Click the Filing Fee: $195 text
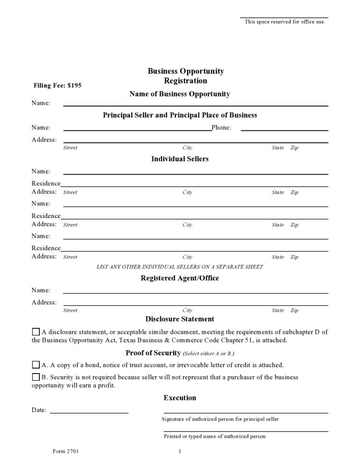click(57, 85)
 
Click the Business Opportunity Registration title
click(185, 76)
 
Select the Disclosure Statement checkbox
click(36, 331)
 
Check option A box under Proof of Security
click(36, 365)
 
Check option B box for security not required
click(36, 377)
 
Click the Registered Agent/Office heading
click(180, 278)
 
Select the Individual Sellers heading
click(180, 159)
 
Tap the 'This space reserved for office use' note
click(285, 21)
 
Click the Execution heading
click(180, 398)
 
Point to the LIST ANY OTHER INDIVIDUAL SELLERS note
click(180, 267)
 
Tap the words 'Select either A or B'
click(208, 354)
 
